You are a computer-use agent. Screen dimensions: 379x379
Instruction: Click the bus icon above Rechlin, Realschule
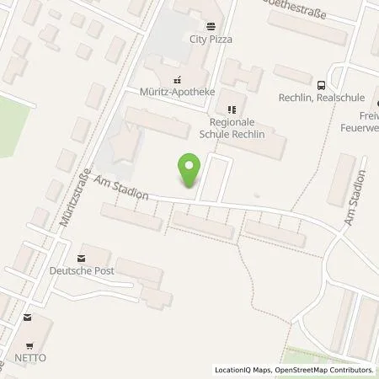pyautogui.click(x=320, y=84)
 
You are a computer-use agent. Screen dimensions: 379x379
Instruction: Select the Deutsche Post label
pyautogui.click(x=82, y=270)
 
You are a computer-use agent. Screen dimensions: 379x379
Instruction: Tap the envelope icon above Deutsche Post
pyautogui.click(x=81, y=257)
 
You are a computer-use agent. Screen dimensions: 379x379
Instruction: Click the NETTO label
pyautogui.click(x=31, y=358)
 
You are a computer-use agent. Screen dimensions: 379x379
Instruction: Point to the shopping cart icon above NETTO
pyautogui.click(x=30, y=345)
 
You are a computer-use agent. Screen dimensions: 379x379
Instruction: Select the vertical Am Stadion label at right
pyautogui.click(x=354, y=200)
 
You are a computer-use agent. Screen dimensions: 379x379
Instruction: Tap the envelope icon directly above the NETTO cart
pyautogui.click(x=28, y=318)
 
